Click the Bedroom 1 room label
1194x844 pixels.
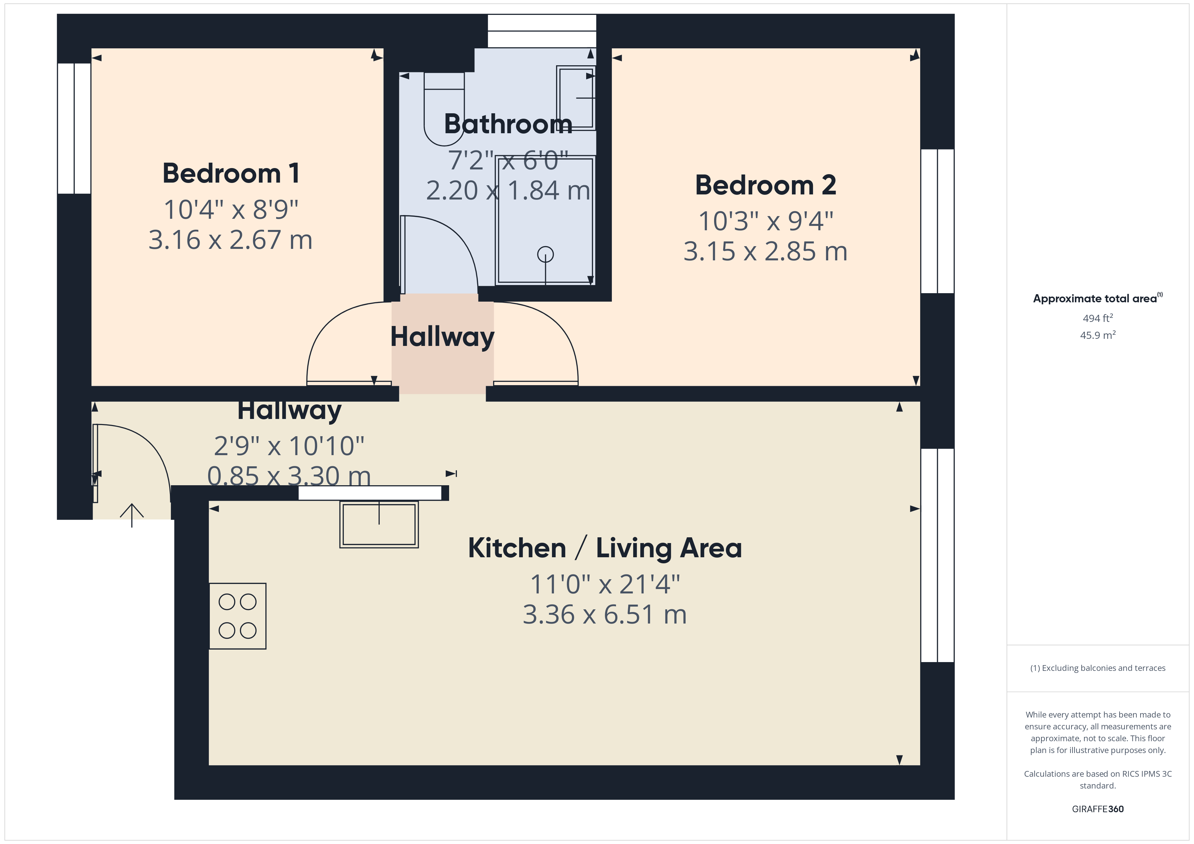point(231,173)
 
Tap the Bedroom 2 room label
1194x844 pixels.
point(766,185)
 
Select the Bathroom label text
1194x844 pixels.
point(508,124)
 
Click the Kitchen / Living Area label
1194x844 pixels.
point(605,548)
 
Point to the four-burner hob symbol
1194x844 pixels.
point(238,616)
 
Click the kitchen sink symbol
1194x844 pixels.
point(379,524)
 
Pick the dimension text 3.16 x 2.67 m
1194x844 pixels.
point(230,240)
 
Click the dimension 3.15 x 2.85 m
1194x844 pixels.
point(766,252)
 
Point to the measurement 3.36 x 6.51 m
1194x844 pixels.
point(605,615)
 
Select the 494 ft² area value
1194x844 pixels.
point(1098,318)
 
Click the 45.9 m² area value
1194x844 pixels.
point(1098,335)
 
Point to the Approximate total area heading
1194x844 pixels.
point(1098,298)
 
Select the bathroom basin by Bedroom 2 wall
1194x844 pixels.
point(576,97)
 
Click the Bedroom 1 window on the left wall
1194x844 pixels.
point(74,128)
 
